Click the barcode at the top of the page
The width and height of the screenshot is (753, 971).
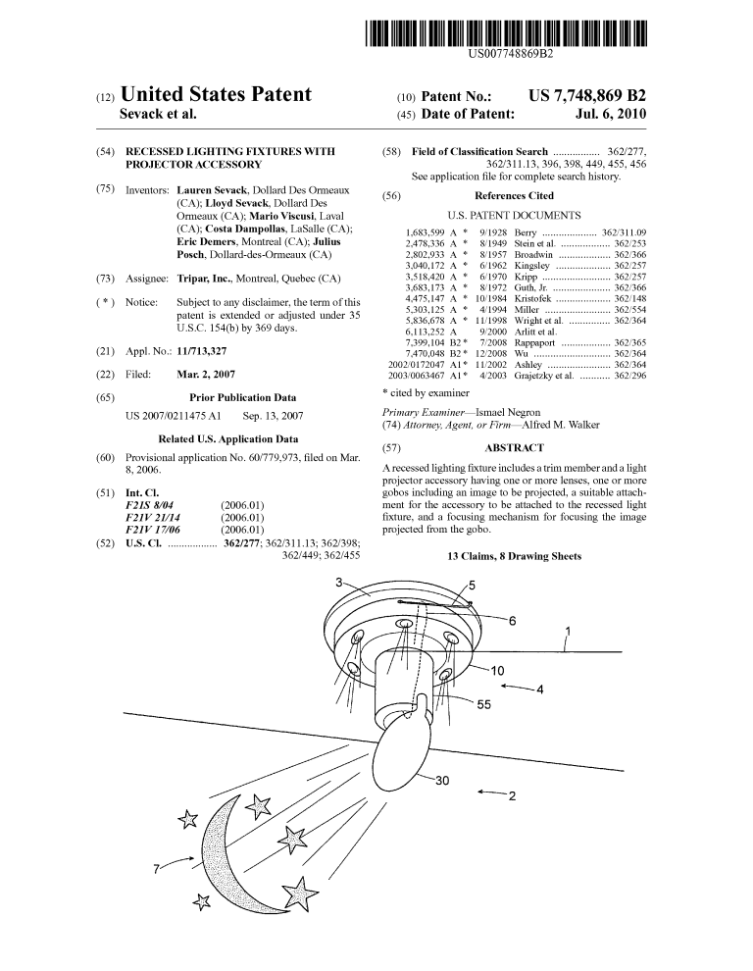(505, 33)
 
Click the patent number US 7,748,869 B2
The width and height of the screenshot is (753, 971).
(587, 96)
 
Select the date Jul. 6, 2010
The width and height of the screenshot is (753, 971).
(610, 114)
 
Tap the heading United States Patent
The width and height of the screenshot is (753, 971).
(216, 94)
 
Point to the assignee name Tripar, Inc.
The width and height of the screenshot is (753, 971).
(204, 279)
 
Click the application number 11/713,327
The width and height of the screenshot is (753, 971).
(202, 351)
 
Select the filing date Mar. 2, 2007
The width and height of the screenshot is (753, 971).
(206, 374)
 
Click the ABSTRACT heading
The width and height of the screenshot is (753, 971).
(514, 447)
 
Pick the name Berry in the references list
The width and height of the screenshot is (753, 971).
(526, 232)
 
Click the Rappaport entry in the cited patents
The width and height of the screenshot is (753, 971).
(534, 343)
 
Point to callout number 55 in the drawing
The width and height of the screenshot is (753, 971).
(483, 705)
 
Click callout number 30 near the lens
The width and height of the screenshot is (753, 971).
(441, 781)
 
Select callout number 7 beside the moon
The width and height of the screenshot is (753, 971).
(157, 869)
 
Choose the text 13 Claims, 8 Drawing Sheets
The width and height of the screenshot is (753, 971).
(514, 556)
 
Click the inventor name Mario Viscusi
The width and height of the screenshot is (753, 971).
(281, 216)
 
